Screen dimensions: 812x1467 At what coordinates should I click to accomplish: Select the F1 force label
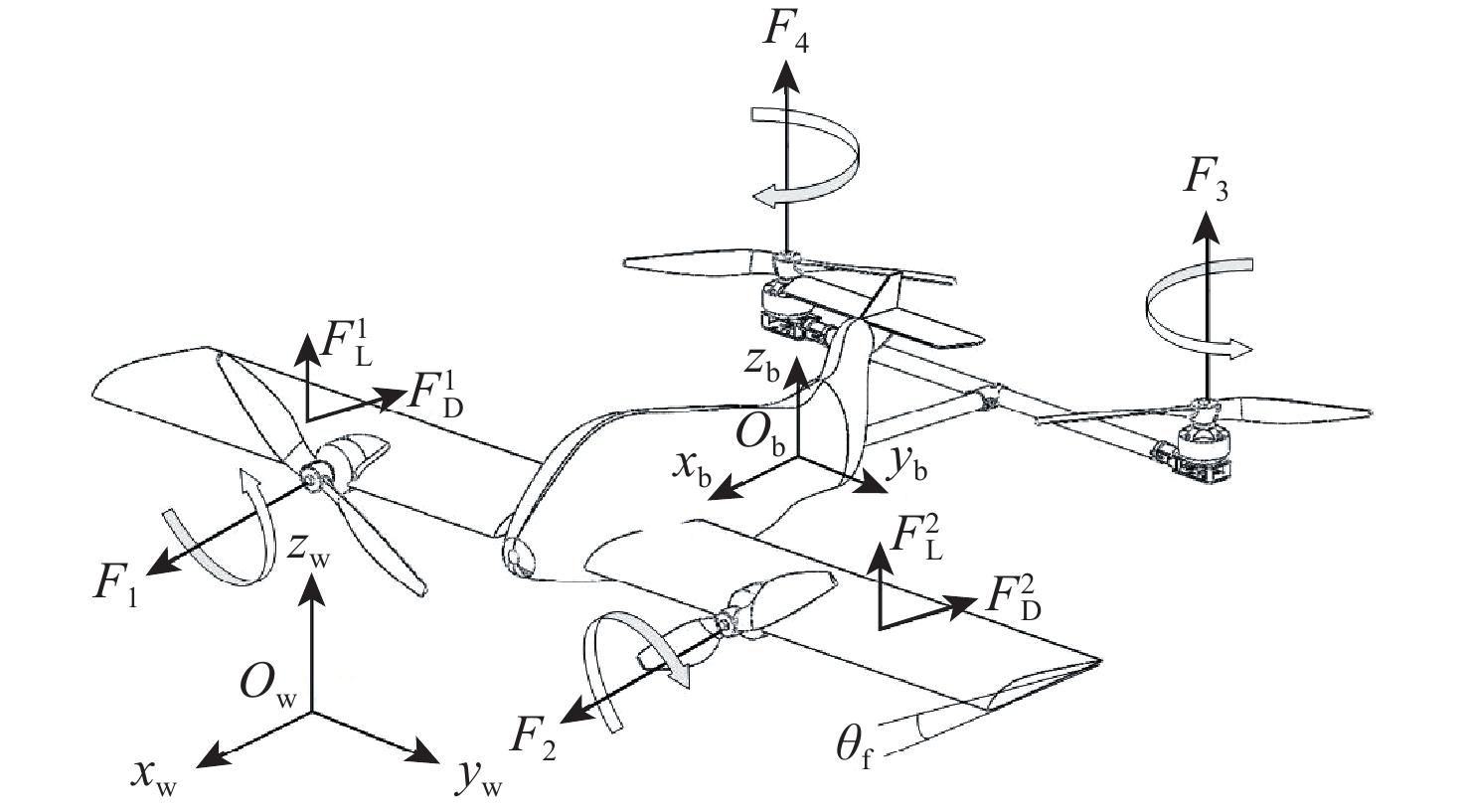[114, 583]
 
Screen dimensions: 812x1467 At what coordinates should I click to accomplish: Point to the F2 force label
[533, 736]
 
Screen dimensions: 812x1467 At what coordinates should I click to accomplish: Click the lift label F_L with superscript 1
[347, 345]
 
